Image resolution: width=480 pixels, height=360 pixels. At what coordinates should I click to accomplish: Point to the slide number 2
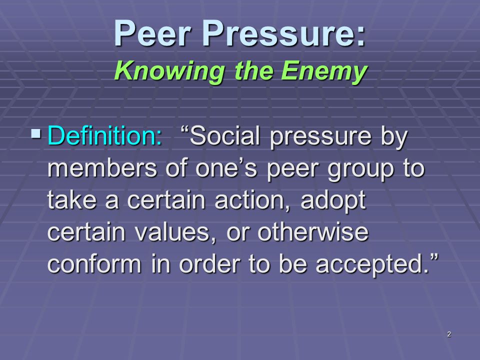tap(449, 334)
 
